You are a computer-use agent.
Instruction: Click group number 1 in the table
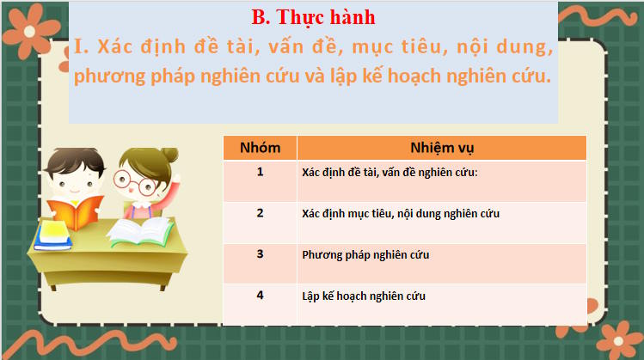tap(260, 171)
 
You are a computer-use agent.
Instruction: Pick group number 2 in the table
tap(260, 212)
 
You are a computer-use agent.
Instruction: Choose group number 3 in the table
tap(260, 254)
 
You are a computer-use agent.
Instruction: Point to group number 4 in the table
tap(260, 296)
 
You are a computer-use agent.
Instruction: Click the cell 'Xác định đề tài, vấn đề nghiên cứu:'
tap(389, 172)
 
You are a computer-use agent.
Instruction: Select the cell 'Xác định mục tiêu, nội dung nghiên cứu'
tap(401, 213)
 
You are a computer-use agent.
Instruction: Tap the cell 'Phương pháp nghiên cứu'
tap(365, 255)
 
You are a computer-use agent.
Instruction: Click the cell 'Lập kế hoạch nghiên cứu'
tap(364, 296)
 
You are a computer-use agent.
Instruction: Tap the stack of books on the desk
tap(53, 233)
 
